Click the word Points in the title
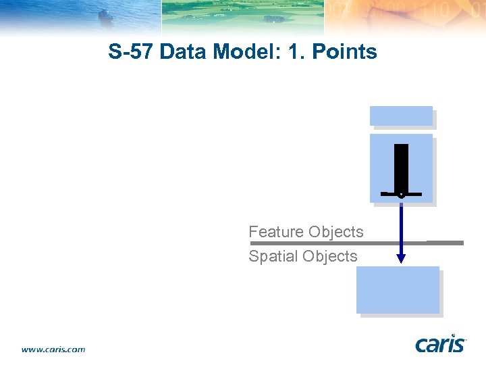(x=344, y=52)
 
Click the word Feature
(x=276, y=232)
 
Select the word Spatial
(x=273, y=256)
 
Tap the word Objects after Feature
(x=335, y=232)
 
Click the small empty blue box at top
(x=401, y=116)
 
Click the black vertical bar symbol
(x=401, y=167)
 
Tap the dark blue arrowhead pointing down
(x=401, y=258)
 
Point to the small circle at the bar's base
(x=401, y=195)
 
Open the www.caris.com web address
(x=53, y=349)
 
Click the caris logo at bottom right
(x=440, y=344)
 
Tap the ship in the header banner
(x=106, y=15)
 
